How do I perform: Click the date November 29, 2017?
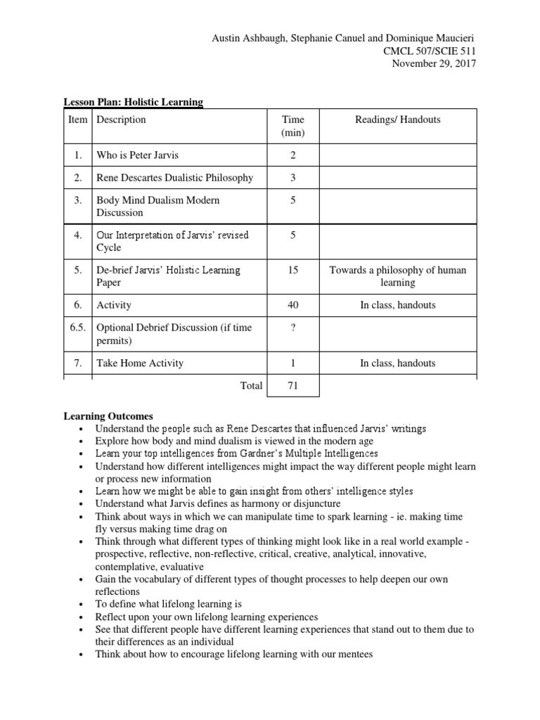(433, 63)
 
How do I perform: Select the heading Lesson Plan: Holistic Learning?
(134, 102)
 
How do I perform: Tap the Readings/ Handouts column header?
(398, 120)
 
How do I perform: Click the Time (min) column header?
(292, 126)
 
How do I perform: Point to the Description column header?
(121, 120)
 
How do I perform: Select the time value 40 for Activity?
(292, 305)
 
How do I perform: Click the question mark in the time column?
(292, 328)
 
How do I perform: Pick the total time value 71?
(292, 385)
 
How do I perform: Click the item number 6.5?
(77, 328)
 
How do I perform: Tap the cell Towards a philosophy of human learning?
(398, 276)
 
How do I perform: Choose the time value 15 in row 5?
(292, 270)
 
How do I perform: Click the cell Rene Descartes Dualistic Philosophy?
(174, 178)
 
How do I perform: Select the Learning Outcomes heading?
(108, 417)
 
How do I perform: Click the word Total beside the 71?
(251, 385)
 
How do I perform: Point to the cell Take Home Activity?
(140, 363)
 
